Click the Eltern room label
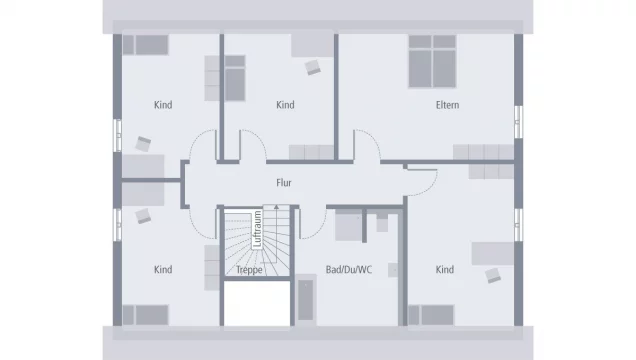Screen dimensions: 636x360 pos(447,105)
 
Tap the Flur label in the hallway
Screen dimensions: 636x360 pos(284,183)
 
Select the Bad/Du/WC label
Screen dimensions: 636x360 pos(349,270)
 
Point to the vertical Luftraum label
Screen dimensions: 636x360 pos(257,229)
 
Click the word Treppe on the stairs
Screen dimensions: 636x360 pos(249,270)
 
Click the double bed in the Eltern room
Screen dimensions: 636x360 pos(432,61)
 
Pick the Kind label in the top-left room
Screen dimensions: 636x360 pos(163,105)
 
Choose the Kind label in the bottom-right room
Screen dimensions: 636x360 pos(445,270)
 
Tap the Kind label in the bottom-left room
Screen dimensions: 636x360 pos(163,270)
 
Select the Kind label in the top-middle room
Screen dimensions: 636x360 pos(285,105)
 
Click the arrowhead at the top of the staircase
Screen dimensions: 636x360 pos(276,207)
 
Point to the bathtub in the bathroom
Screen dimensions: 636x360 pos(306,300)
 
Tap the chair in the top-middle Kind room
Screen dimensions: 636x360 pos(313,67)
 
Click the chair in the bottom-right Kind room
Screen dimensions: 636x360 pos(493,275)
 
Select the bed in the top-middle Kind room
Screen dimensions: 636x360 pos(235,78)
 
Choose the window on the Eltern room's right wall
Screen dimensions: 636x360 pos(518,122)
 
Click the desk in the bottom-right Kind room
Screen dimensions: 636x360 pos(493,254)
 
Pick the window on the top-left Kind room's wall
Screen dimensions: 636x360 pos(117,135)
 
